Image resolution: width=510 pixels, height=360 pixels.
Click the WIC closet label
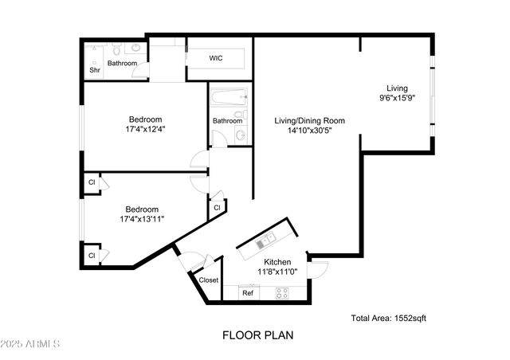pos(216,59)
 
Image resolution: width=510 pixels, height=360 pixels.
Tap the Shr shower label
pos(95,70)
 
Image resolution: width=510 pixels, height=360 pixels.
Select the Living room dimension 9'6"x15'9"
pos(397,100)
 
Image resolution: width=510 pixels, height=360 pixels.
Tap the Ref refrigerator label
pos(248,293)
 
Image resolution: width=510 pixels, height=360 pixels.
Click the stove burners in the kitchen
pos(282,293)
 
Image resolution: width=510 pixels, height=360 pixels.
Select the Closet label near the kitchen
pos(209,280)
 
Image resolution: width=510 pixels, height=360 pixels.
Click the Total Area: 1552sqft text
pos(389,319)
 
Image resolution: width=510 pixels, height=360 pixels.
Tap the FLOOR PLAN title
pos(257,335)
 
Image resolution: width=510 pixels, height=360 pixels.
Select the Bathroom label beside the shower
pos(123,63)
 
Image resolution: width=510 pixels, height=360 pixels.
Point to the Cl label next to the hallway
pos(217,207)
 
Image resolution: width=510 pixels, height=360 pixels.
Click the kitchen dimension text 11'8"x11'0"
pos(274,272)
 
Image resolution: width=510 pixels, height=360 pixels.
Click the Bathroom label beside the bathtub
pos(227,121)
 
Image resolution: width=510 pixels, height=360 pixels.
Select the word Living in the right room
pos(397,88)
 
